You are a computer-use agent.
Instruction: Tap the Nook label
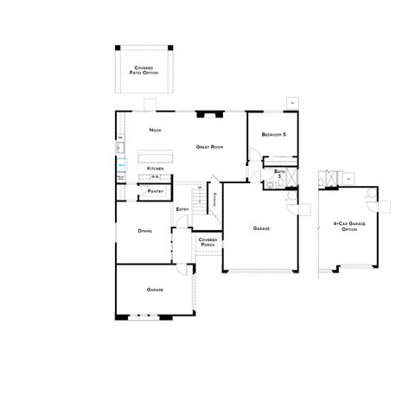156,130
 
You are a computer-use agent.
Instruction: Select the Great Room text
210,147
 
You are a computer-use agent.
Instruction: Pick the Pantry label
156,190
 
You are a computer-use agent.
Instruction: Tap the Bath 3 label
279,174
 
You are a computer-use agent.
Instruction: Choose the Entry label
182,209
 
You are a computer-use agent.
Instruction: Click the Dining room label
145,231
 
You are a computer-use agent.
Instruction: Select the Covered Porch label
207,242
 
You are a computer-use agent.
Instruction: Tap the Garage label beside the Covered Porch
261,228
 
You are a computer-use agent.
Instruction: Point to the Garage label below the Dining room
155,289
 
